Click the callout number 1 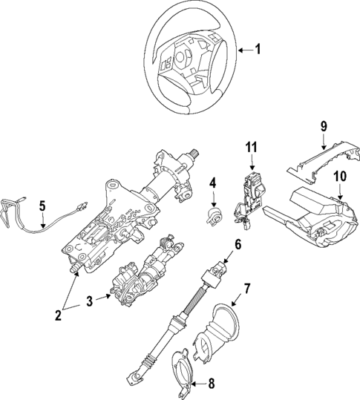259,50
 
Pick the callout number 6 238,245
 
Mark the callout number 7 247,288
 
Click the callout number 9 324,126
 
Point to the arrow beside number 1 244,50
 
